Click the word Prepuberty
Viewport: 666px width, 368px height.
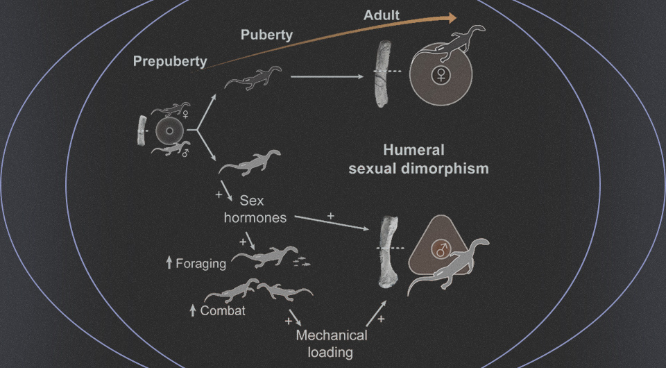click(x=171, y=61)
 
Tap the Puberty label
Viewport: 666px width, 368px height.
click(x=266, y=35)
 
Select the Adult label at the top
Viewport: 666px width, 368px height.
click(x=382, y=15)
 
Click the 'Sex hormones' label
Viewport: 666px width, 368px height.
click(x=255, y=209)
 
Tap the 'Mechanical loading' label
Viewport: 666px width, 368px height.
click(x=331, y=343)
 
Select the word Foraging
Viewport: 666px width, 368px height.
click(x=201, y=264)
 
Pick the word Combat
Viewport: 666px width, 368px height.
click(x=223, y=310)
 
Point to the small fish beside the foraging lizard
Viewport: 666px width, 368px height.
click(x=302, y=262)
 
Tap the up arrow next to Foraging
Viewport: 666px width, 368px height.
click(x=169, y=264)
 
